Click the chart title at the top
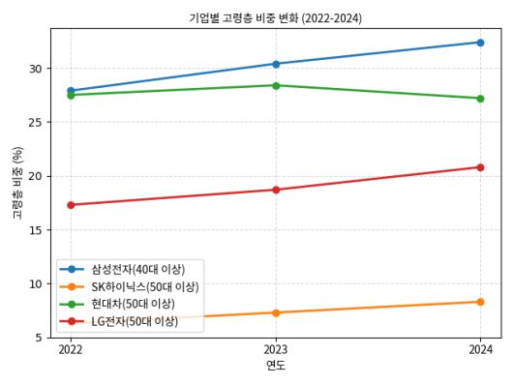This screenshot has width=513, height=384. [276, 17]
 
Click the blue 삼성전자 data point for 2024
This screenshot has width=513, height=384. [480, 43]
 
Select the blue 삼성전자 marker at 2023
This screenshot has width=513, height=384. [276, 64]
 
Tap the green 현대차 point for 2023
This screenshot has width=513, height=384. [276, 85]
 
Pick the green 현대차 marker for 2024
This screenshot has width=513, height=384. [480, 98]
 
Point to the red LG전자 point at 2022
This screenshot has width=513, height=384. [71, 205]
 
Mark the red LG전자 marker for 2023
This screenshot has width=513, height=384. [276, 190]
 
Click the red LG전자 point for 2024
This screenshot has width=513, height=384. [480, 167]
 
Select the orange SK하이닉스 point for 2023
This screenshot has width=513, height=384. [276, 312]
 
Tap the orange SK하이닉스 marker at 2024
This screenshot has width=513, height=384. [480, 302]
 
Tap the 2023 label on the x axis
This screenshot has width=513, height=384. [276, 349]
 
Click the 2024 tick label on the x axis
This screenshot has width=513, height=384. [480, 349]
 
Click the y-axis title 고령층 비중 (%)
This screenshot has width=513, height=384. [17, 184]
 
